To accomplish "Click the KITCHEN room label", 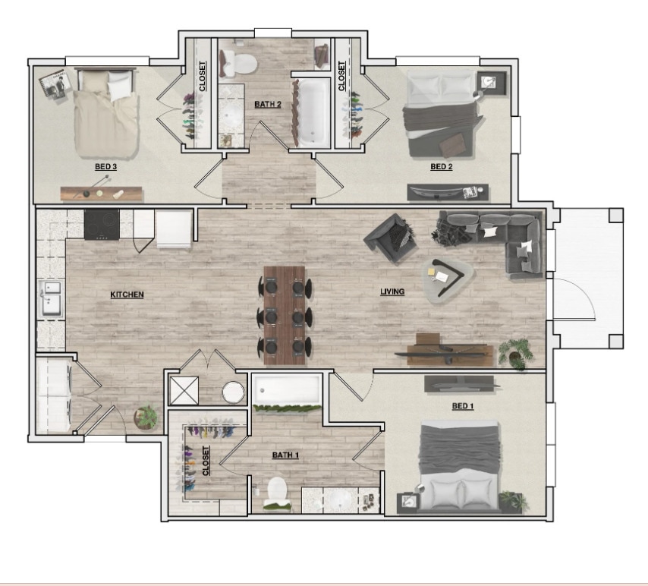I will [x=127, y=295].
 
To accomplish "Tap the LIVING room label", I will [x=392, y=291].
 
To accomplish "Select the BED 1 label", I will [x=462, y=407].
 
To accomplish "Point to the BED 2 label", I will [x=441, y=167].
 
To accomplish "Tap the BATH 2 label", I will [x=268, y=105].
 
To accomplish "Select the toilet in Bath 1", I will [x=277, y=491].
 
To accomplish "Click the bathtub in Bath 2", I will [x=310, y=112].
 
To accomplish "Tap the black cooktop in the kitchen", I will [x=102, y=225].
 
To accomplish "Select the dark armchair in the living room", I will [x=390, y=235].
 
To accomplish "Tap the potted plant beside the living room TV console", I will [x=517, y=353].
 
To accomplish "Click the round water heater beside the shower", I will [x=233, y=392].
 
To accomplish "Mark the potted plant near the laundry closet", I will [x=146, y=417].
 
